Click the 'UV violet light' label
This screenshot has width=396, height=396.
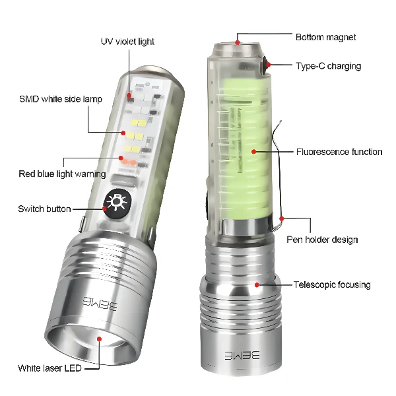click(127, 41)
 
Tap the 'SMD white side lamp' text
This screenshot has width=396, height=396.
click(61, 99)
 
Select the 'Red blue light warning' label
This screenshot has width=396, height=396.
click(62, 174)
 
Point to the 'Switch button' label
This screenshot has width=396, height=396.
click(44, 209)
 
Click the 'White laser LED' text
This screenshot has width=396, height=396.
click(50, 368)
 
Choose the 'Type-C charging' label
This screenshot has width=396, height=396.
click(328, 66)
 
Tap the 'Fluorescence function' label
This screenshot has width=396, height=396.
click(339, 152)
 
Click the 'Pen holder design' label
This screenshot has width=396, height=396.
click(322, 240)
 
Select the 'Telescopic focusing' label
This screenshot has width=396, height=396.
click(332, 284)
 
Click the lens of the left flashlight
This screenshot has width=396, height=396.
click(99, 341)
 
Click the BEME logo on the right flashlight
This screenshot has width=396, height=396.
click(242, 354)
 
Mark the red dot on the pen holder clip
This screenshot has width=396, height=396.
click(282, 218)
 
